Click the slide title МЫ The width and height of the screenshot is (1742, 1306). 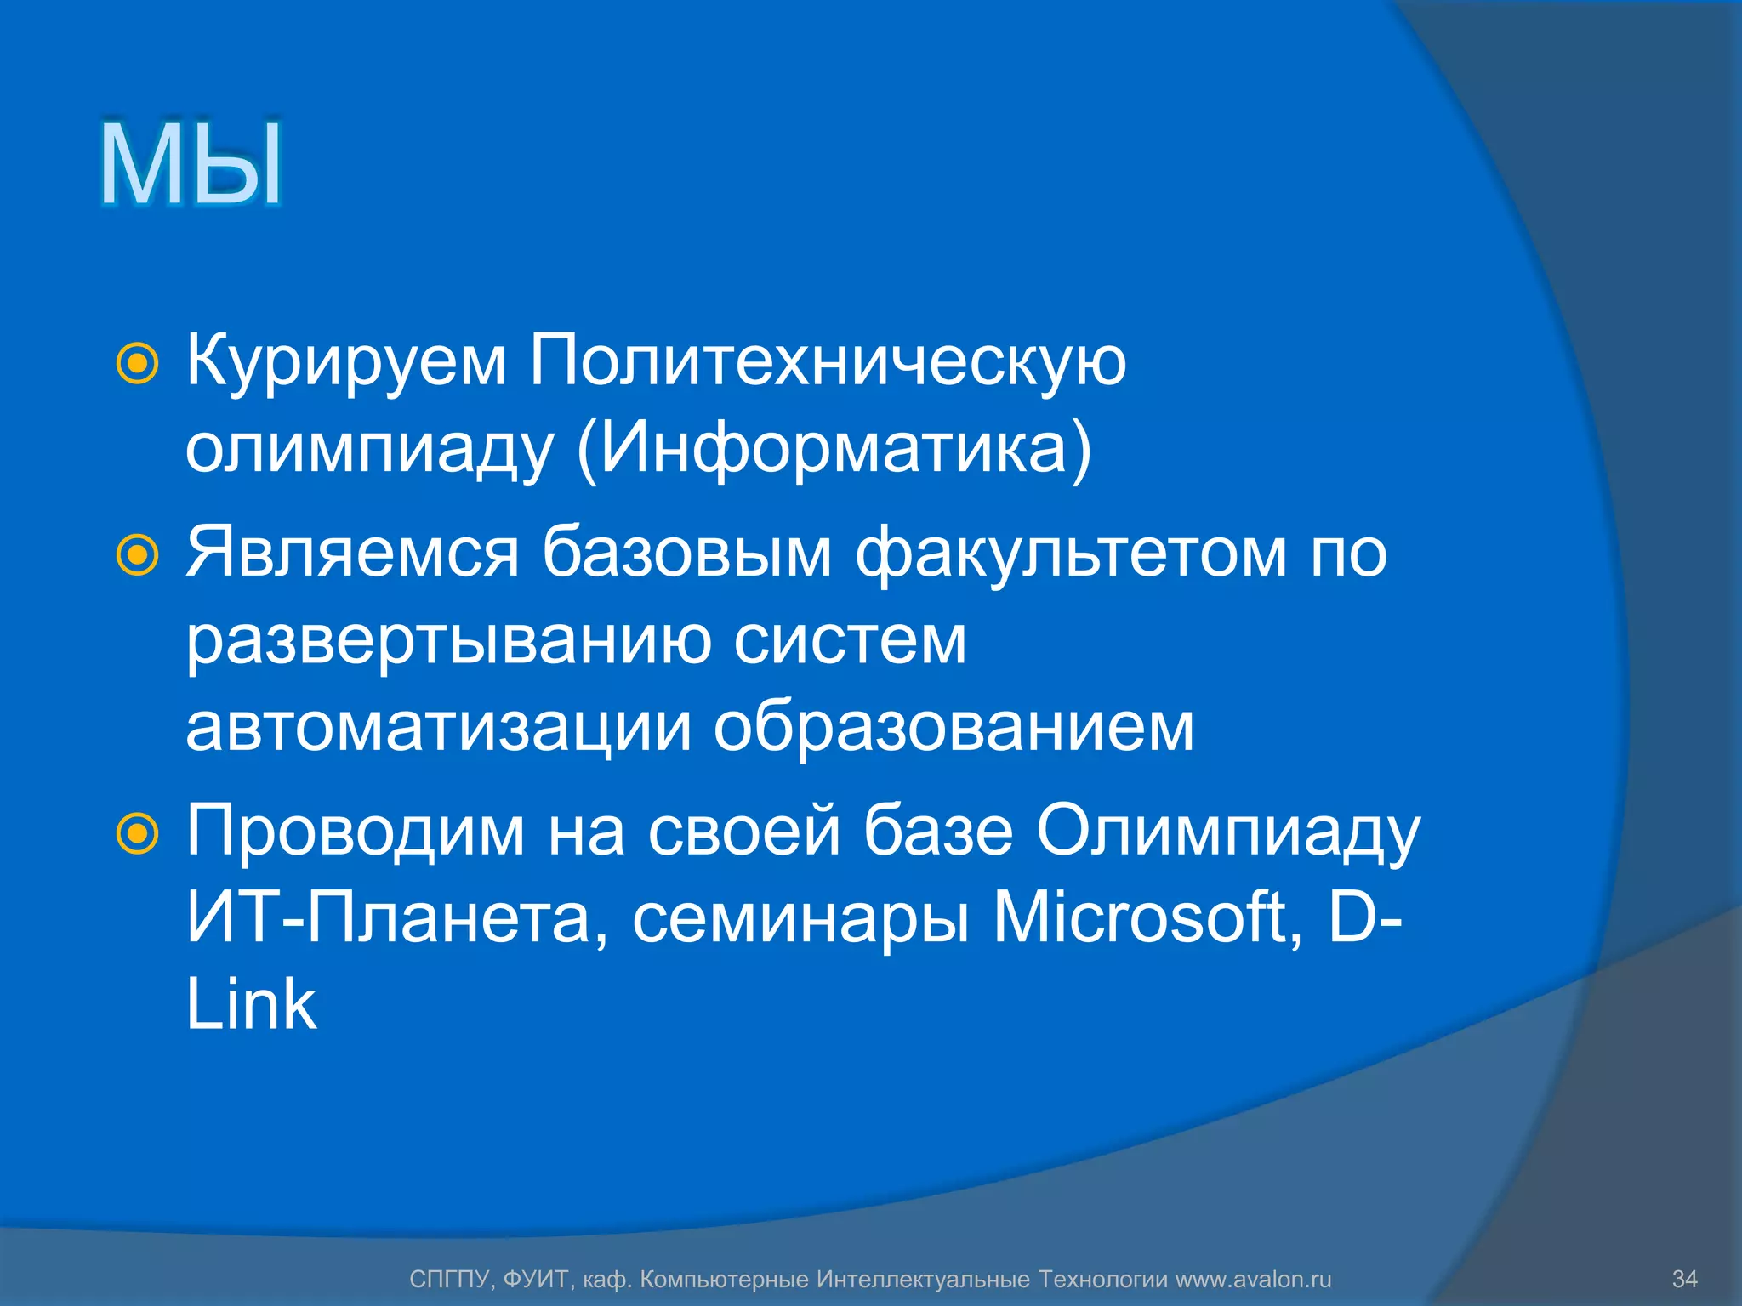[191, 164]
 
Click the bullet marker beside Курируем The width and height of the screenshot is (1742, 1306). [137, 364]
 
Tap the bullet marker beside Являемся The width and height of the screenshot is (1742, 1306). [137, 555]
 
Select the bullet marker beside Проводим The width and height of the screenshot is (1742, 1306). [137, 833]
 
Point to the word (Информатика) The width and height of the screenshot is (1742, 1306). [834, 449]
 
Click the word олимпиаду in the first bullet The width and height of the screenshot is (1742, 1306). [369, 449]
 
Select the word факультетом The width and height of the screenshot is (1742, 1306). [1071, 553]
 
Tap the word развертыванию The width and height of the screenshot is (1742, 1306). [448, 642]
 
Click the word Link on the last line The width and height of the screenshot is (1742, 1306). [251, 1004]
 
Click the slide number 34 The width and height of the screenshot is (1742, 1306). [1684, 1279]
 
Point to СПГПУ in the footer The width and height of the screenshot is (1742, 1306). [450, 1279]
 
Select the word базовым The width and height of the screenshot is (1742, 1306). [687, 553]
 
